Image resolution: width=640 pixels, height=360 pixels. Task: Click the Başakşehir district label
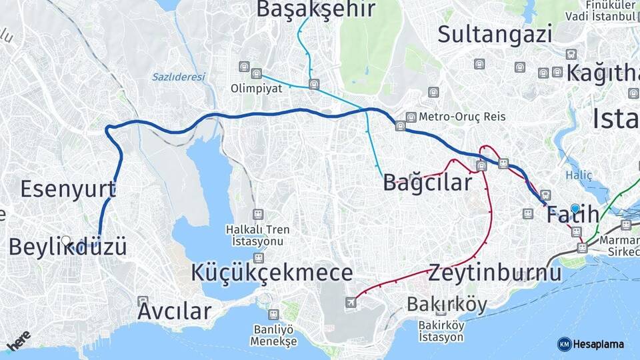click(315, 9)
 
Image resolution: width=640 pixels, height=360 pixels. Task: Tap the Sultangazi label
click(495, 33)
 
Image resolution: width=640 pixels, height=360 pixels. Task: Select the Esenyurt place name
click(67, 189)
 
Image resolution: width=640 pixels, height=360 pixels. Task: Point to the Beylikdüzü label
click(67, 247)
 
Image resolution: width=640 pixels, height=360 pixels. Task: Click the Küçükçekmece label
click(272, 273)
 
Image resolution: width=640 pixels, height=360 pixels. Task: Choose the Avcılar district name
click(175, 311)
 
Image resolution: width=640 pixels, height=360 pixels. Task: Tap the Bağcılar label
click(427, 183)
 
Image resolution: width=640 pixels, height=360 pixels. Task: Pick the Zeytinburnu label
click(494, 273)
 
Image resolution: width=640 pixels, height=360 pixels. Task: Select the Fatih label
click(573, 215)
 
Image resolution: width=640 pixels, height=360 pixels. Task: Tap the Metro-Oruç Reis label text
click(462, 117)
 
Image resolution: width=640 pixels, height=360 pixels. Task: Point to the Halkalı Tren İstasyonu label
click(258, 235)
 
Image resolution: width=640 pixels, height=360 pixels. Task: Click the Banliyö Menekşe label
click(273, 335)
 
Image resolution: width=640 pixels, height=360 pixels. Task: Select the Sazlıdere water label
click(178, 77)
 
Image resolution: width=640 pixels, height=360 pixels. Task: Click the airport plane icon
click(351, 303)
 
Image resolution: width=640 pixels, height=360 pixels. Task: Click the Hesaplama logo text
click(598, 344)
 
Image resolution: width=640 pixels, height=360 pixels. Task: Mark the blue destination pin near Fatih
click(575, 208)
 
